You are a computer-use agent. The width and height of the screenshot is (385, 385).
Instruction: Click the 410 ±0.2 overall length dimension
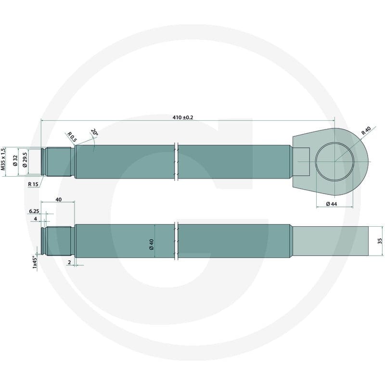183,117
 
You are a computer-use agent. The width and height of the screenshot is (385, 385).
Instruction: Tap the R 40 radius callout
366,131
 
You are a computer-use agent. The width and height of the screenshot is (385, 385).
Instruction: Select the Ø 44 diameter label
332,204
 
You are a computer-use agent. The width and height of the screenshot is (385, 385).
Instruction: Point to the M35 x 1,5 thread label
3,159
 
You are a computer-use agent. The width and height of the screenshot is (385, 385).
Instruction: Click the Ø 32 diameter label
15,161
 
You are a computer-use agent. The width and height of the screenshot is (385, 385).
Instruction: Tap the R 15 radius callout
33,184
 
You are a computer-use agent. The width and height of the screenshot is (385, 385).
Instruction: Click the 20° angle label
94,132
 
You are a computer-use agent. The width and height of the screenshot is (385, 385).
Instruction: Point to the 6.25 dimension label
34,211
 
